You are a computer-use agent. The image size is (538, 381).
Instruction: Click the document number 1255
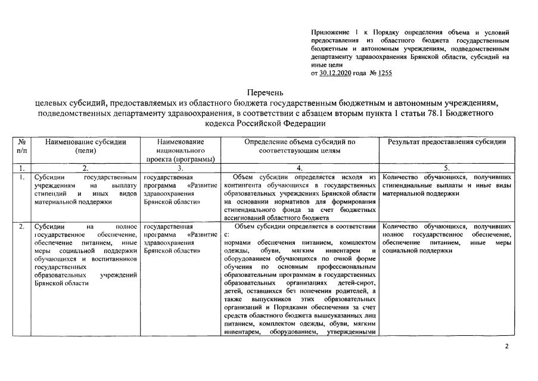pos(385,73)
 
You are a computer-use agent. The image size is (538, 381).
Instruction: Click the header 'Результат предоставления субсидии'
pos(447,142)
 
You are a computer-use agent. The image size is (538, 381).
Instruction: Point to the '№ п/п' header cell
pos(22,146)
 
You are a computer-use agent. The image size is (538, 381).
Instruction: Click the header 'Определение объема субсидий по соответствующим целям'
pos(300,146)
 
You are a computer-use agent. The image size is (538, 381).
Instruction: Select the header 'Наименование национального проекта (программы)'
pos(181,151)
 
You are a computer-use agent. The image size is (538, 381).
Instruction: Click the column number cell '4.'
pos(300,168)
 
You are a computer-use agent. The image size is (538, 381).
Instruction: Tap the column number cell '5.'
pos(447,168)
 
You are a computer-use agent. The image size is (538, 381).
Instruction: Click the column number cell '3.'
pos(181,168)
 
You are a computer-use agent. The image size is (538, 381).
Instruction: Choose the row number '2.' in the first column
pos(21,227)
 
